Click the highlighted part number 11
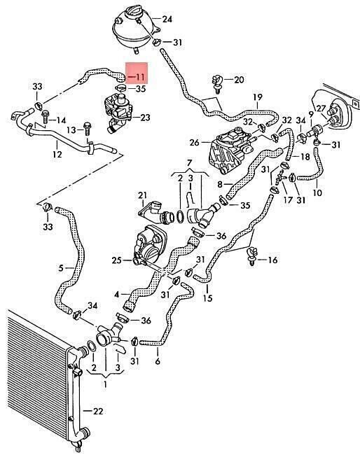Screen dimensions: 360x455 140,77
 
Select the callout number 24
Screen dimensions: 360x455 167,19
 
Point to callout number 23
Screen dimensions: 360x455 145,118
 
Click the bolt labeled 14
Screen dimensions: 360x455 46,116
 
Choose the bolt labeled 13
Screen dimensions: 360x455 87,129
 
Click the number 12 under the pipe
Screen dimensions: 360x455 57,154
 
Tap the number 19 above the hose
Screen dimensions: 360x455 258,97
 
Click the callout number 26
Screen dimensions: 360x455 195,143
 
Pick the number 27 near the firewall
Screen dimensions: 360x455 321,108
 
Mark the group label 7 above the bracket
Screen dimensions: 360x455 189,162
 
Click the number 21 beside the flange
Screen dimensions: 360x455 143,195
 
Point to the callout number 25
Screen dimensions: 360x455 117,260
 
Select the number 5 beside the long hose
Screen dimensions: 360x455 61,268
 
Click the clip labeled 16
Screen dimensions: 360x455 252,256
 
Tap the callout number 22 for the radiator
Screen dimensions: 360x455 98,411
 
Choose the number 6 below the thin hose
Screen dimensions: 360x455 158,361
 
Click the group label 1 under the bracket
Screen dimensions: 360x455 105,384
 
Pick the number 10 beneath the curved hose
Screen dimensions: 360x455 317,192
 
